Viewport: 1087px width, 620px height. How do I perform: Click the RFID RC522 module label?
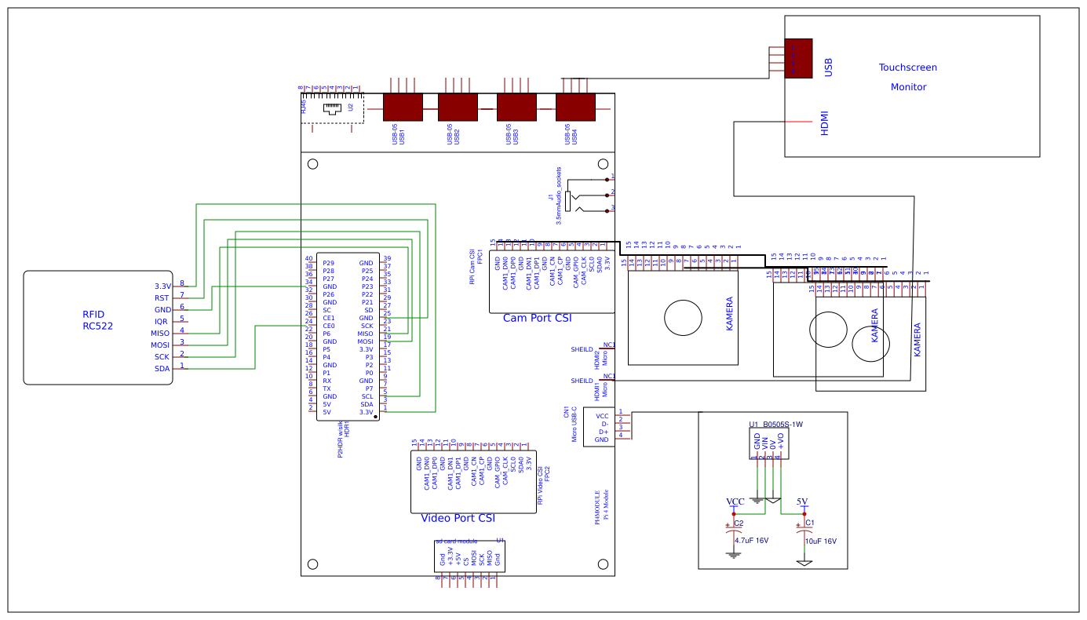[97, 320]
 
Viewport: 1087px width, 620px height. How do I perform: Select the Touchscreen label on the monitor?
[907, 67]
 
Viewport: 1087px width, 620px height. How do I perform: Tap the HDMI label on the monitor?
[824, 123]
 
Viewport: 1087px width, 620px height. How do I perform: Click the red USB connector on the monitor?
[798, 58]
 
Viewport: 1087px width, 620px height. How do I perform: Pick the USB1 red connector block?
[403, 107]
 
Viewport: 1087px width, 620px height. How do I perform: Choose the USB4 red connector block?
[575, 107]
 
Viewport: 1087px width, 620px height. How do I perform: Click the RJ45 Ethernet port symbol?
[333, 108]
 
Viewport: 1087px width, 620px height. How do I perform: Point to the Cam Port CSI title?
[537, 318]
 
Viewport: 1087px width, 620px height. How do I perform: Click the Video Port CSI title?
[458, 518]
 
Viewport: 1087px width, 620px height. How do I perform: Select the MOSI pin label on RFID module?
[161, 345]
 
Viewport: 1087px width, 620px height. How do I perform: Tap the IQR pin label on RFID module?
[161, 322]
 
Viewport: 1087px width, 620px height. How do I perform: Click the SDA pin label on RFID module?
[162, 369]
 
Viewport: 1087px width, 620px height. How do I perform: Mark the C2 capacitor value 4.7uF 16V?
[751, 540]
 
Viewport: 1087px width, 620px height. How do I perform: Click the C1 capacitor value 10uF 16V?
[820, 541]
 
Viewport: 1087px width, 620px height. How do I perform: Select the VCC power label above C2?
[735, 501]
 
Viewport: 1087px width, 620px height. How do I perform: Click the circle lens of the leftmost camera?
[683, 318]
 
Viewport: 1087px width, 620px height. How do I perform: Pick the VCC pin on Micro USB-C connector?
[602, 416]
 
